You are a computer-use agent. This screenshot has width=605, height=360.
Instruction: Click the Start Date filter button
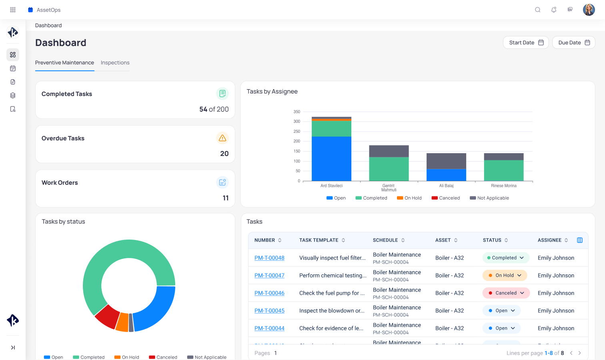[526, 42]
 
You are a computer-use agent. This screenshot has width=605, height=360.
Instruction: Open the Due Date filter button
[573, 42]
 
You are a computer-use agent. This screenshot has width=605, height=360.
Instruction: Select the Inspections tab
[115, 63]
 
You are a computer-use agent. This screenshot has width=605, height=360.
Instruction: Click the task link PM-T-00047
[269, 276]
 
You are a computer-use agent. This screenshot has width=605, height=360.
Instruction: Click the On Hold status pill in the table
[505, 276]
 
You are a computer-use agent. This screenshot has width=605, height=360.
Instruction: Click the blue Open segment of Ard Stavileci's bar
[331, 159]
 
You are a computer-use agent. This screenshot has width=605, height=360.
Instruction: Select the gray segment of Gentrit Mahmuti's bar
[389, 151]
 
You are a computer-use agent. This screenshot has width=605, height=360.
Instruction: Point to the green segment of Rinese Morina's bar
[503, 170]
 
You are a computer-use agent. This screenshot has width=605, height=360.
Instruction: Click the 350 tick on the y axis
[296, 112]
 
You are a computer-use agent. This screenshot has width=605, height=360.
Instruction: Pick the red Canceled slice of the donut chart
[107, 316]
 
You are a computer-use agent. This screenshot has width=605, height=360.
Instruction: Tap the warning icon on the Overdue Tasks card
[222, 138]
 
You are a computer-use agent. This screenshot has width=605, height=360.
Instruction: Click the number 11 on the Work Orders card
[226, 198]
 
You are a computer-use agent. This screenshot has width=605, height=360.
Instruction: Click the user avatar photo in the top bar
[589, 10]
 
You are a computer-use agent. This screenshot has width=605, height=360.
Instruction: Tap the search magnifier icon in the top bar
[537, 10]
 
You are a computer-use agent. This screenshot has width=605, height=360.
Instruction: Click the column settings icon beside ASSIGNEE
[580, 240]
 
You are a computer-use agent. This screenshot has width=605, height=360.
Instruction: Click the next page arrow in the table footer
[580, 353]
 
